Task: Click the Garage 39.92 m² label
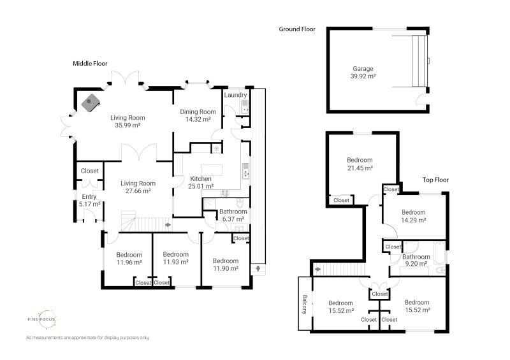coord(363,72)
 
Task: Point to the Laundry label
coord(235,95)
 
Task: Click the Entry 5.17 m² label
coord(89,201)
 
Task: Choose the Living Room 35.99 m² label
coord(127,121)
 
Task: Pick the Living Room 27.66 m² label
coord(138,187)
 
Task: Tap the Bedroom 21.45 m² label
coord(360,164)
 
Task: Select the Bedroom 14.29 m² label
coord(413,216)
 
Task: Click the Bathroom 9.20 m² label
coord(415,260)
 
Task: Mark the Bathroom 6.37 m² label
coord(233,215)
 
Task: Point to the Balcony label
coord(305,305)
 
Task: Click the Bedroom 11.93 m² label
coord(172,257)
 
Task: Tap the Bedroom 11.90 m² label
coord(226,264)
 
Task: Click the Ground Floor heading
coord(297,29)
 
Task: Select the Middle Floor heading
coord(89,64)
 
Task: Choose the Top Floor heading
coord(435,180)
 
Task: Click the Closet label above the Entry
coord(89,171)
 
